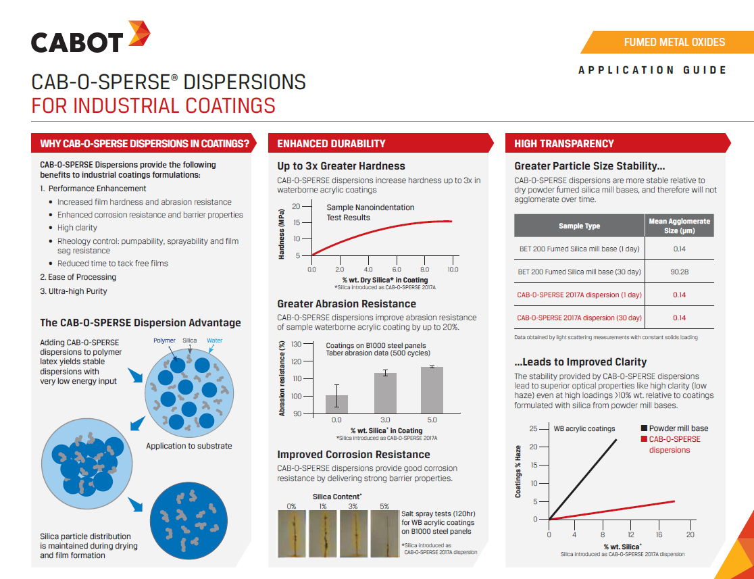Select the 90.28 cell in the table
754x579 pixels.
(x=679, y=272)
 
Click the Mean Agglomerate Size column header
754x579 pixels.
(x=679, y=226)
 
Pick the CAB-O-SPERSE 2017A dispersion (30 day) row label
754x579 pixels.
(x=579, y=318)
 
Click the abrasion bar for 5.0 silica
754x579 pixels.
(x=432, y=390)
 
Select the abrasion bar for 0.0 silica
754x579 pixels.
(x=336, y=404)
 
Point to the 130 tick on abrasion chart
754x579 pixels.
(x=296, y=345)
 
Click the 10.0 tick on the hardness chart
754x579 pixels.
(x=453, y=270)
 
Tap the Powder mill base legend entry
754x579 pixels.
(x=674, y=428)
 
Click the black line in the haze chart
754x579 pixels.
(x=582, y=480)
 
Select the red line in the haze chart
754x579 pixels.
(x=611, y=510)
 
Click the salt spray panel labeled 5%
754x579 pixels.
(x=385, y=534)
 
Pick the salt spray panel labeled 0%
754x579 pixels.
(x=292, y=534)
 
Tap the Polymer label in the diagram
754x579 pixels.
(x=164, y=341)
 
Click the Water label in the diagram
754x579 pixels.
(x=214, y=341)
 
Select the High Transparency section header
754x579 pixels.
(x=564, y=143)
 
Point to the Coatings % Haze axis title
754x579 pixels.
(x=518, y=472)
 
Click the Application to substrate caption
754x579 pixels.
(x=189, y=446)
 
